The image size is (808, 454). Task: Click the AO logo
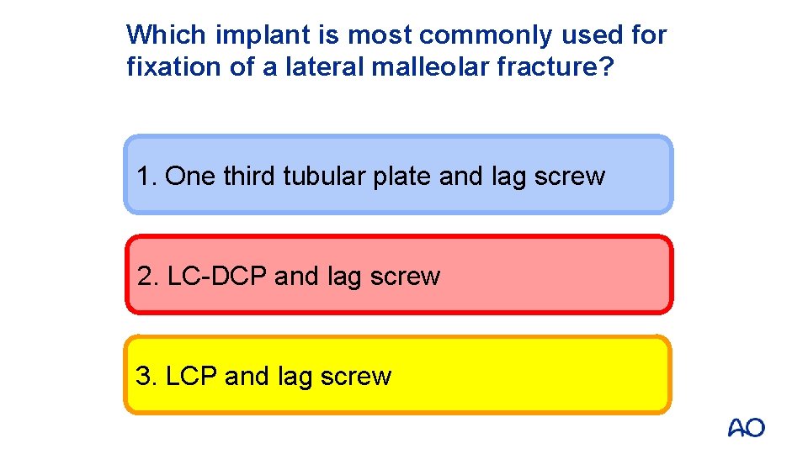tap(746, 428)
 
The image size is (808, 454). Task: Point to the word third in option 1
tap(251, 177)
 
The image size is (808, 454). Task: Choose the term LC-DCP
tap(218, 277)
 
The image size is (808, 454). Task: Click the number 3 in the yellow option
tap(144, 376)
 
